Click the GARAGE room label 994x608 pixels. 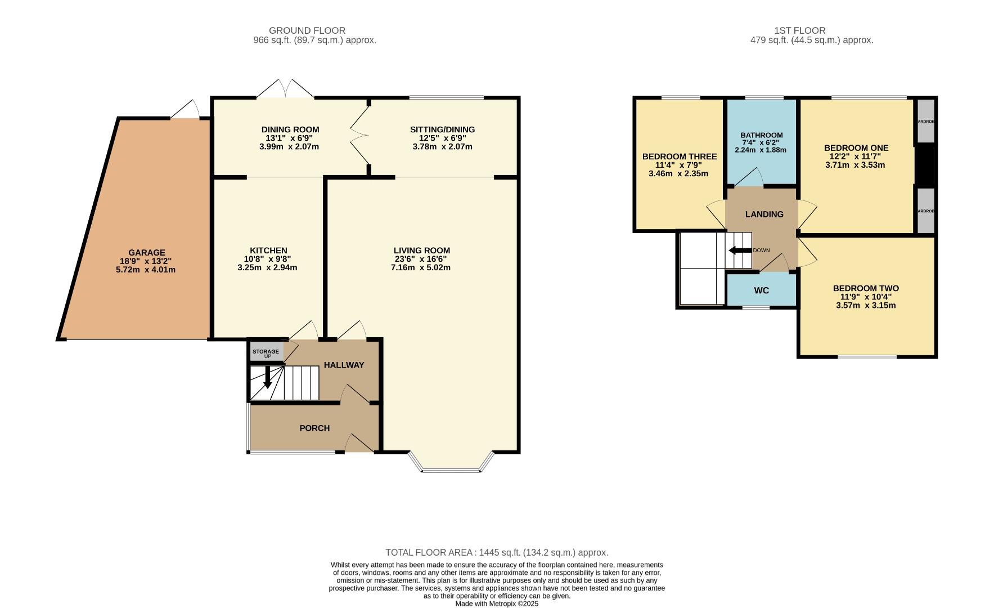coord(146,253)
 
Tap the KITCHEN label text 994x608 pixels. coord(268,251)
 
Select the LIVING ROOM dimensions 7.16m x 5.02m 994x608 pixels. coord(421,267)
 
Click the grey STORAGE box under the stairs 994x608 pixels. coord(266,352)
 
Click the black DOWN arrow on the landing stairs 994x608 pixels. coord(739,251)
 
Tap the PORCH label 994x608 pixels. coord(314,428)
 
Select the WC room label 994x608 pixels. coord(761,290)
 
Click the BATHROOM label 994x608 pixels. coord(761,135)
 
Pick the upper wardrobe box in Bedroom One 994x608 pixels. coord(925,121)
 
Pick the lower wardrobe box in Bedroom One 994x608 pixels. coord(925,211)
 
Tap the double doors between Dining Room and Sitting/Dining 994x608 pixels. coord(359,135)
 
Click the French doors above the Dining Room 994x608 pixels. coord(286,89)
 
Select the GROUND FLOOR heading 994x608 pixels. coord(307,30)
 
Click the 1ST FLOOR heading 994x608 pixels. coord(799,30)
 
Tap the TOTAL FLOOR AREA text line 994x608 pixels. coord(497,553)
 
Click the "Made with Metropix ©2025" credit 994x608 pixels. coord(497,603)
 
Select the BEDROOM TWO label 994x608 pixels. coord(866,288)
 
